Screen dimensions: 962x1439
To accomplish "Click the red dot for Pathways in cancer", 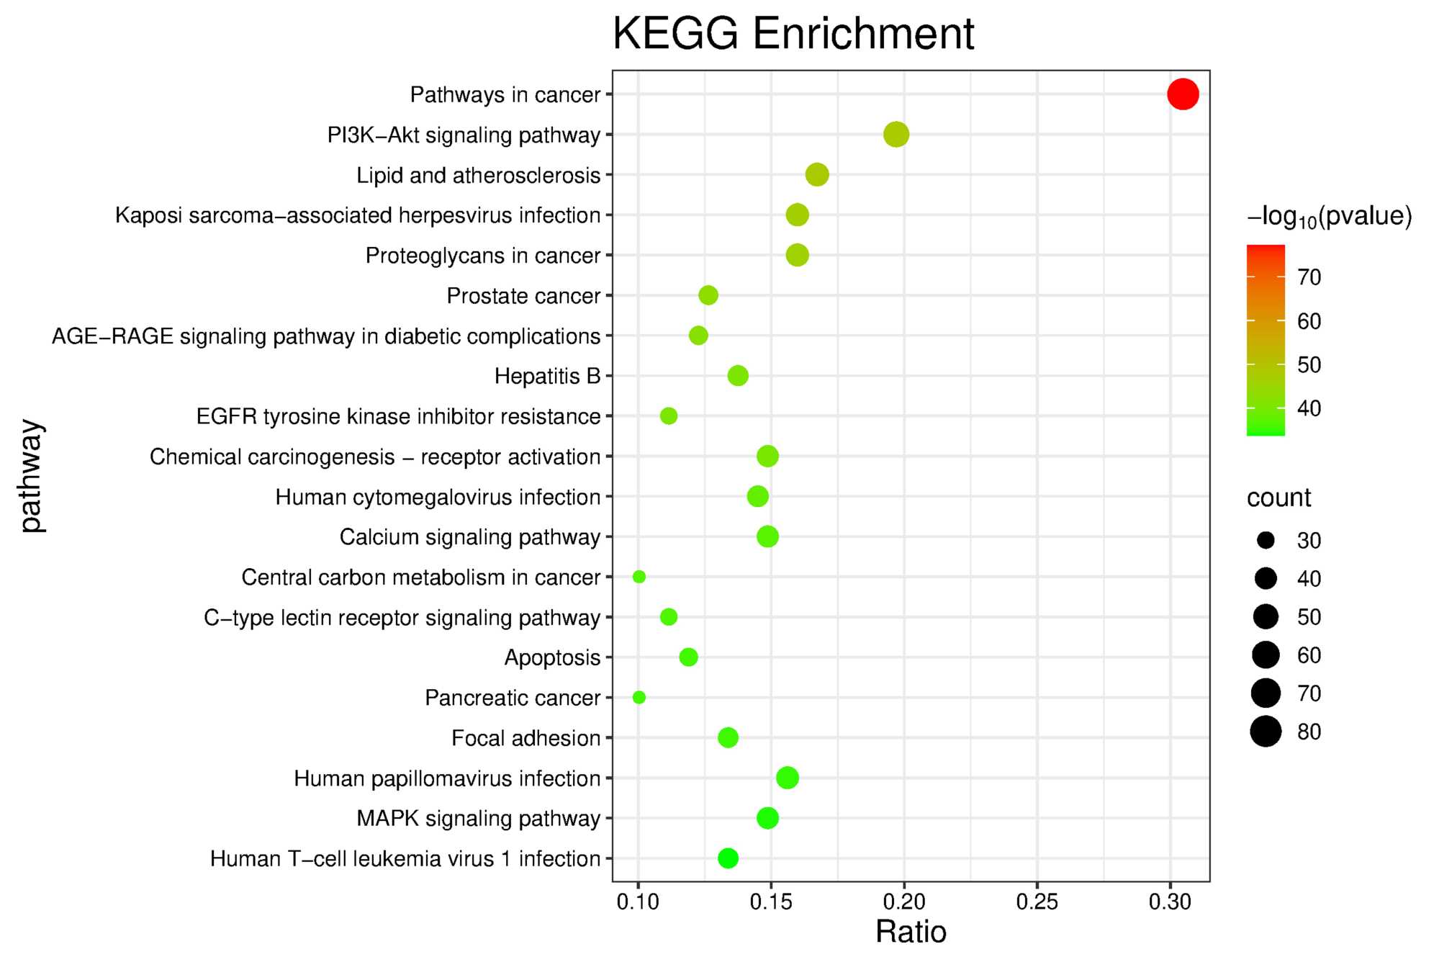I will [x=1182, y=94].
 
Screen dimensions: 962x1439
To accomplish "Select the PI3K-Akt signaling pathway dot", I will [x=896, y=135].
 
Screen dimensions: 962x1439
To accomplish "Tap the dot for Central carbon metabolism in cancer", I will [x=639, y=577].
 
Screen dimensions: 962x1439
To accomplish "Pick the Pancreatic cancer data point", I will [x=639, y=697].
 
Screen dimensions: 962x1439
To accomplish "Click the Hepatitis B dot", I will [x=738, y=376].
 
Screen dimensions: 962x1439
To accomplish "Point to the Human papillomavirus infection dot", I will [x=788, y=778].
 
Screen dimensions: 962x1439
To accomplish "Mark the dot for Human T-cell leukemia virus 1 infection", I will [x=728, y=858].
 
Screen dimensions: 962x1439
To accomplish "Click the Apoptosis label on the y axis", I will [x=552, y=658].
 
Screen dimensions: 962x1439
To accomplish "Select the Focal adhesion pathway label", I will [x=525, y=738].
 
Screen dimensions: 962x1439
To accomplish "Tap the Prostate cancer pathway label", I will [x=523, y=296].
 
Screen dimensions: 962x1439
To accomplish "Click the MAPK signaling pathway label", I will [x=478, y=819].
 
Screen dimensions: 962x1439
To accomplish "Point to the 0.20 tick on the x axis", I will [x=904, y=902].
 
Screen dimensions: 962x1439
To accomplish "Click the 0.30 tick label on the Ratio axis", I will [x=1170, y=902].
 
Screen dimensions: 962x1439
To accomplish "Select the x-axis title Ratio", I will [x=911, y=932].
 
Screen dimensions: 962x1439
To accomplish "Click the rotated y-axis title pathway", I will [x=32, y=476].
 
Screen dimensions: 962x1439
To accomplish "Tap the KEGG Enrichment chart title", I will [x=793, y=34].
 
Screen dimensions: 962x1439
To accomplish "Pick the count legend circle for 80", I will [x=1266, y=732].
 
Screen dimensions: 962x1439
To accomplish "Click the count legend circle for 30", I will [x=1266, y=541].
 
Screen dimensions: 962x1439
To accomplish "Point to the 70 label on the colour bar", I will [x=1309, y=277].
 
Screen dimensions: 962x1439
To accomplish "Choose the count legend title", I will [x=1278, y=498].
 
